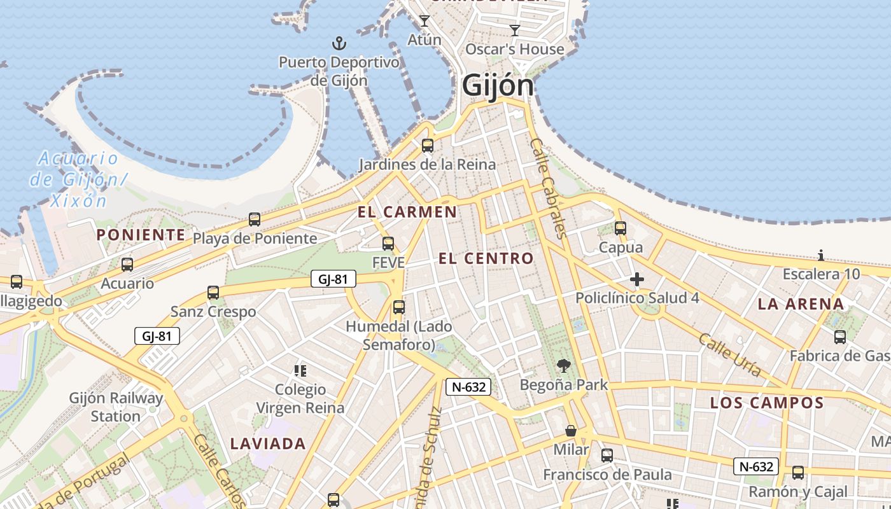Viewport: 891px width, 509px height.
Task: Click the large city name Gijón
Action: pyautogui.click(x=498, y=85)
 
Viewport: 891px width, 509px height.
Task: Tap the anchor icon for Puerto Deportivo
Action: pyautogui.click(x=339, y=44)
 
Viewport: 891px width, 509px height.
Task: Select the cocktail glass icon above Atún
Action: pyautogui.click(x=424, y=21)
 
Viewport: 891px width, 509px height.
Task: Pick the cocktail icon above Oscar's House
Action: pyautogui.click(x=515, y=30)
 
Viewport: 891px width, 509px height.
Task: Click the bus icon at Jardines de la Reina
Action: pyautogui.click(x=428, y=146)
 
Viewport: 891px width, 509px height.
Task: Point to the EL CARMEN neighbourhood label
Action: pyautogui.click(x=407, y=212)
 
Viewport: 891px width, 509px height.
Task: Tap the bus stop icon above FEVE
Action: pyautogui.click(x=388, y=244)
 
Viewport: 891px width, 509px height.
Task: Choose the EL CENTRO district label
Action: pyautogui.click(x=486, y=258)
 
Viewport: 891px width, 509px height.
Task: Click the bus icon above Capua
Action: pyautogui.click(x=621, y=228)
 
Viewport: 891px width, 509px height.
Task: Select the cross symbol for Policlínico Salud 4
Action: pyautogui.click(x=636, y=279)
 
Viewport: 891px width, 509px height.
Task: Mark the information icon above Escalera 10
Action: pyautogui.click(x=821, y=256)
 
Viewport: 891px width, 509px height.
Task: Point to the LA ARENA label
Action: pyautogui.click(x=801, y=304)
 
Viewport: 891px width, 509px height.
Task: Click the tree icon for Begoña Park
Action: pyautogui.click(x=563, y=366)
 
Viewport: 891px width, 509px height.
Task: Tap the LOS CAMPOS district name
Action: pyautogui.click(x=767, y=403)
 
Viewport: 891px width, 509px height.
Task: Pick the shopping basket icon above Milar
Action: pyautogui.click(x=571, y=431)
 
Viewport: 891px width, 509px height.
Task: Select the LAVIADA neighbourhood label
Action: pyautogui.click(x=268, y=443)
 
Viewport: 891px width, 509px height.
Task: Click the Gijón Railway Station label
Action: pyautogui.click(x=116, y=407)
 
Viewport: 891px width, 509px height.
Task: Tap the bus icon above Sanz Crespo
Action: pyautogui.click(x=213, y=293)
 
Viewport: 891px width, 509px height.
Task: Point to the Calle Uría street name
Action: pyautogui.click(x=729, y=354)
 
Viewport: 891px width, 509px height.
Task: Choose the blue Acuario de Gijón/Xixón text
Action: pyautogui.click(x=78, y=179)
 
